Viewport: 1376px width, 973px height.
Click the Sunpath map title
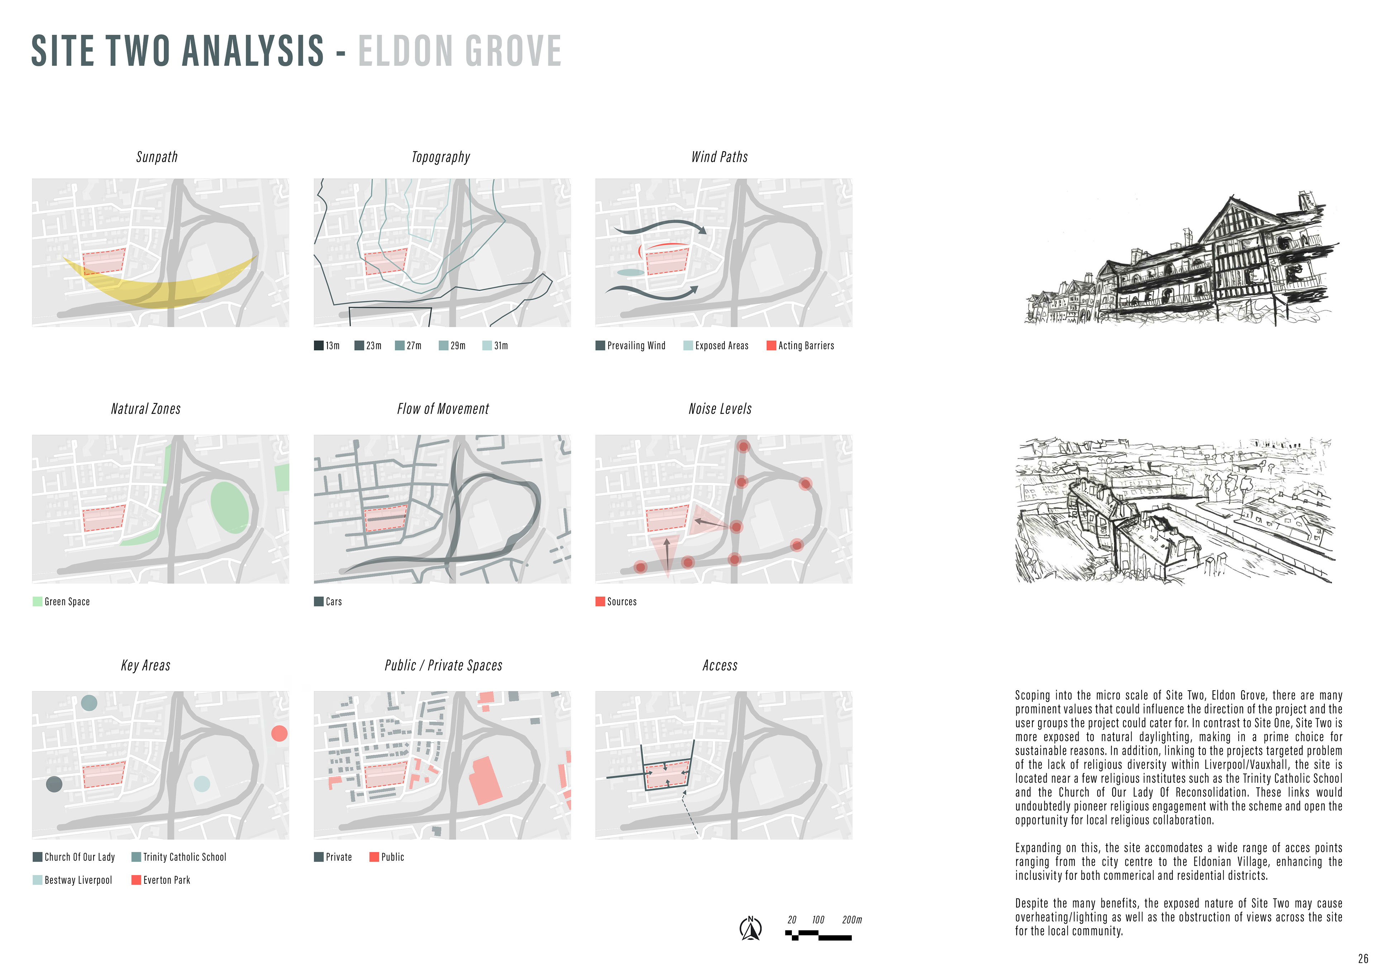157,157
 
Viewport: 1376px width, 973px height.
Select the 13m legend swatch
319,345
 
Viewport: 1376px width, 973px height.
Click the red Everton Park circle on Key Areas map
279,733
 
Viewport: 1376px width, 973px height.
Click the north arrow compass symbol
750,929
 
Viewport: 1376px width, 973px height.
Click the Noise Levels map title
720,409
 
